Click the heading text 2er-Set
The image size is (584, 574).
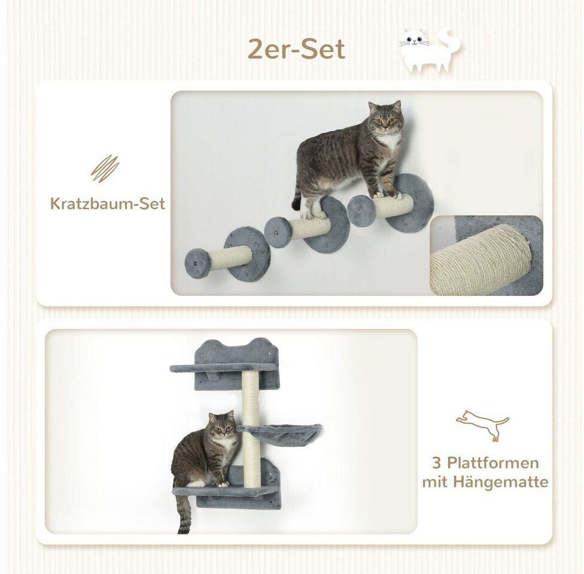click(x=296, y=49)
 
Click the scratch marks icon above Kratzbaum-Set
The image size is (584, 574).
click(x=105, y=169)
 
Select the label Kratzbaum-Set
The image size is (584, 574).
click(x=107, y=204)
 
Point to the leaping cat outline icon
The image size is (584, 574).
click(x=482, y=425)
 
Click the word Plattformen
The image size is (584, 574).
click(x=493, y=463)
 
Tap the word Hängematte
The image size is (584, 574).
click(x=501, y=483)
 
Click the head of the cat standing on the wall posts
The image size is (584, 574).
click(x=386, y=119)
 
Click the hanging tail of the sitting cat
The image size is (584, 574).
click(x=183, y=514)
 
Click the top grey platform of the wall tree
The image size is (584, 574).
click(x=223, y=368)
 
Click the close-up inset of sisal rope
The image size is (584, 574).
click(x=486, y=255)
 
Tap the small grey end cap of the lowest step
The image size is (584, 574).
click(x=198, y=264)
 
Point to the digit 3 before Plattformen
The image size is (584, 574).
click(x=437, y=463)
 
